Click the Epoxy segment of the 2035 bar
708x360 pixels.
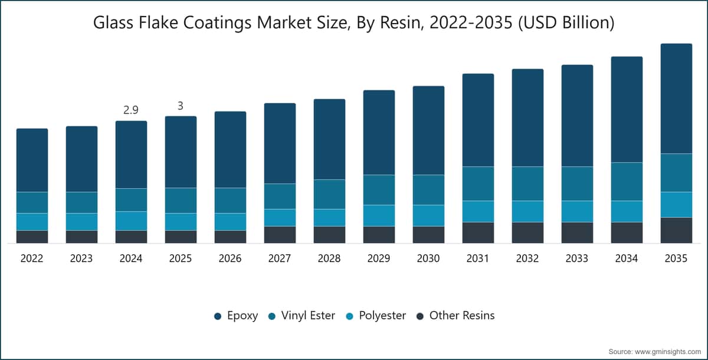(x=676, y=99)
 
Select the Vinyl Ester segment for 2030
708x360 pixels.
(x=428, y=190)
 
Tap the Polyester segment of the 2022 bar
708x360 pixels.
(x=32, y=222)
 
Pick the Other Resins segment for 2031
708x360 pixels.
(x=478, y=233)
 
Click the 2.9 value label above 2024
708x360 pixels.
(x=131, y=110)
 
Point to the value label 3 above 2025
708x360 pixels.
(x=181, y=106)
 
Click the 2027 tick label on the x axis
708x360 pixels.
(x=280, y=258)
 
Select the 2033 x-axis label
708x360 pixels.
(x=577, y=258)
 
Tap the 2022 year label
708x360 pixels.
(x=32, y=258)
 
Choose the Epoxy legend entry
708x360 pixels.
(x=236, y=316)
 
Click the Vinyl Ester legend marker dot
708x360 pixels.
(x=272, y=316)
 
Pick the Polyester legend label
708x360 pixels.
(x=382, y=316)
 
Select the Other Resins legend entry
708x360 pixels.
(x=455, y=316)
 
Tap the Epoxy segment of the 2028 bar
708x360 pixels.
(x=329, y=139)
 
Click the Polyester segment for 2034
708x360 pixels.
(x=627, y=211)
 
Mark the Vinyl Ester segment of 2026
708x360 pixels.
(x=230, y=201)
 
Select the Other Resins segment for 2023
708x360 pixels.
(x=81, y=237)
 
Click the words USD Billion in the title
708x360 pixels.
(x=566, y=23)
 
